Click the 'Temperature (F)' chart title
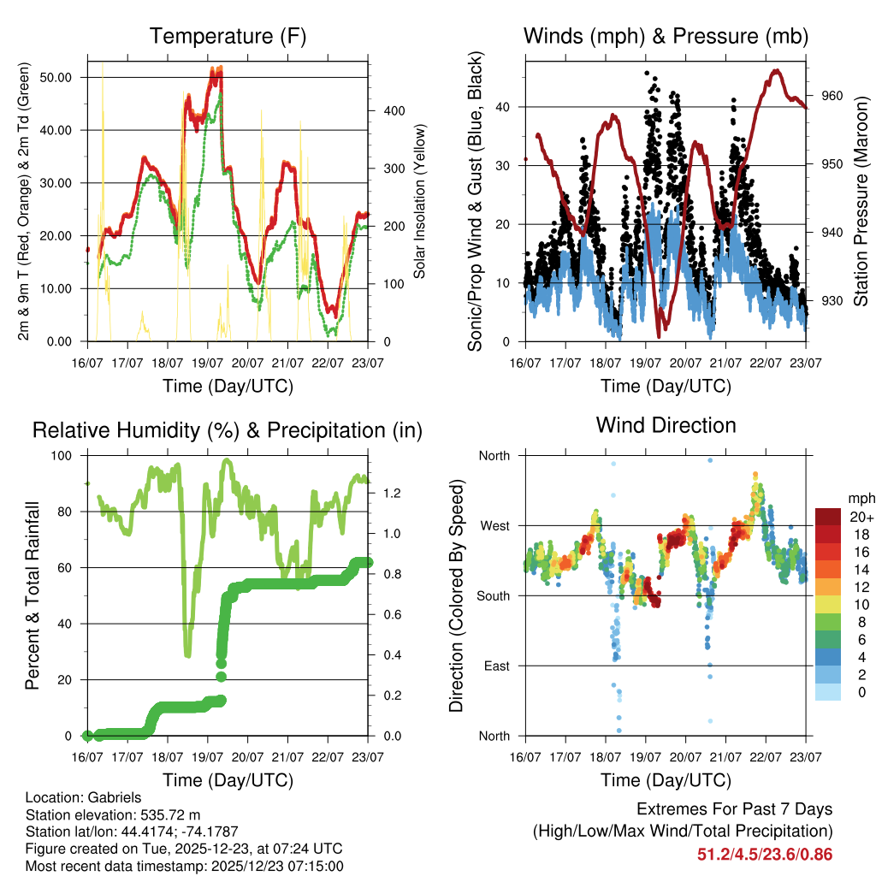pyautogui.click(x=228, y=37)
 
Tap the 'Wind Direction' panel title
pyautogui.click(x=666, y=425)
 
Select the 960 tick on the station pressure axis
pyautogui.click(x=832, y=96)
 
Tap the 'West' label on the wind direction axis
pyautogui.click(x=494, y=525)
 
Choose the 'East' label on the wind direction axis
pyautogui.click(x=494, y=666)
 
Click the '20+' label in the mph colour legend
pyautogui.click(x=861, y=517)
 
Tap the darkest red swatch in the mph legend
pyautogui.click(x=829, y=517)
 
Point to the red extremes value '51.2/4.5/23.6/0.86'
pyautogui.click(x=765, y=854)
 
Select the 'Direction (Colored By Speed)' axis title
pyautogui.click(x=455, y=595)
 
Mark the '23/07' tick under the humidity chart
pyautogui.click(x=368, y=757)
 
